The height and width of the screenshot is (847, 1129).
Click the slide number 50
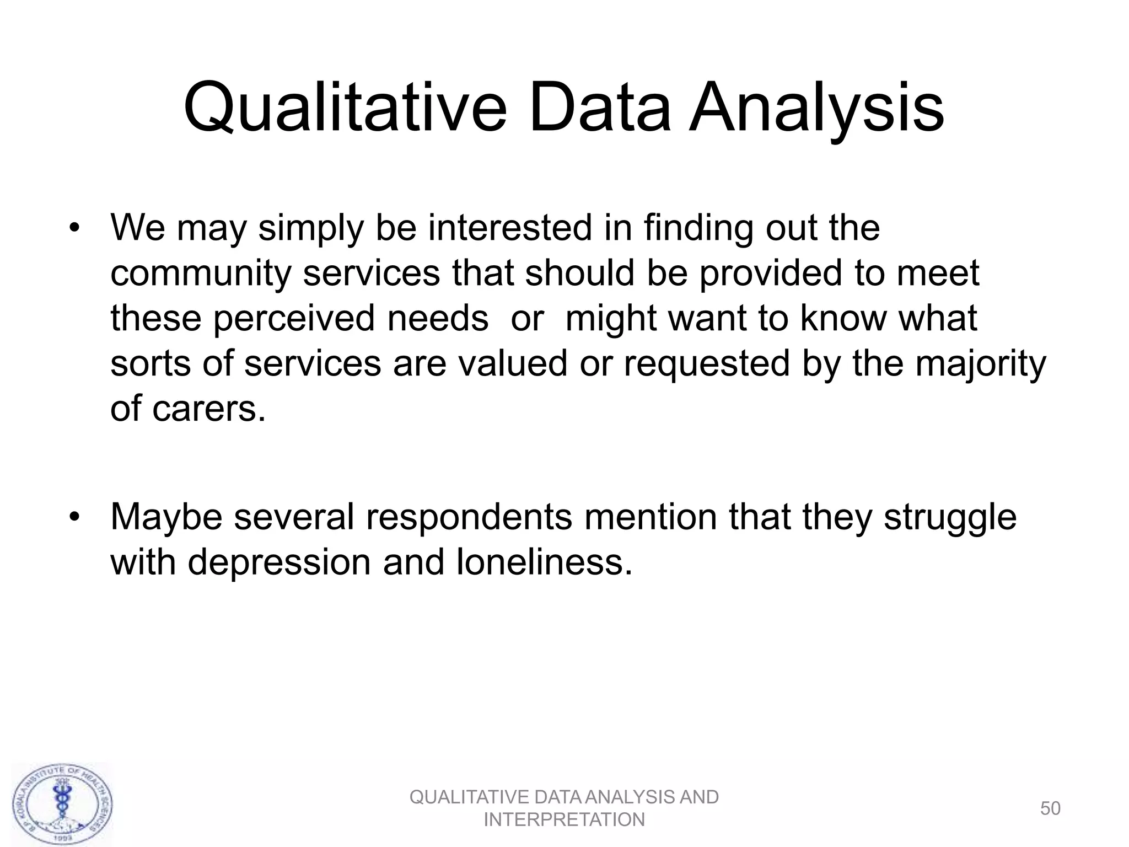pos(1050,808)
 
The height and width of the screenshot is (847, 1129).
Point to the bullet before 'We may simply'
pos(75,228)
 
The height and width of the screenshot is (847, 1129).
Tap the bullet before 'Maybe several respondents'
pos(75,517)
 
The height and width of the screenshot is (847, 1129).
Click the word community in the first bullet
pos(200,274)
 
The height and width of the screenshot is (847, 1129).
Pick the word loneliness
pos(544,562)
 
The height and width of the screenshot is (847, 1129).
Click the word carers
pos(208,409)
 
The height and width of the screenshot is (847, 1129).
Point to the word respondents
pos(468,517)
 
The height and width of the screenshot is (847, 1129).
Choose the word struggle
pos(950,517)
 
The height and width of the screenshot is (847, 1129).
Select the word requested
pos(707,364)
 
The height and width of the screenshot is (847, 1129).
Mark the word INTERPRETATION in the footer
pos(564,820)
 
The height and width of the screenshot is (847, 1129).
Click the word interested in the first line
pos(509,228)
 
